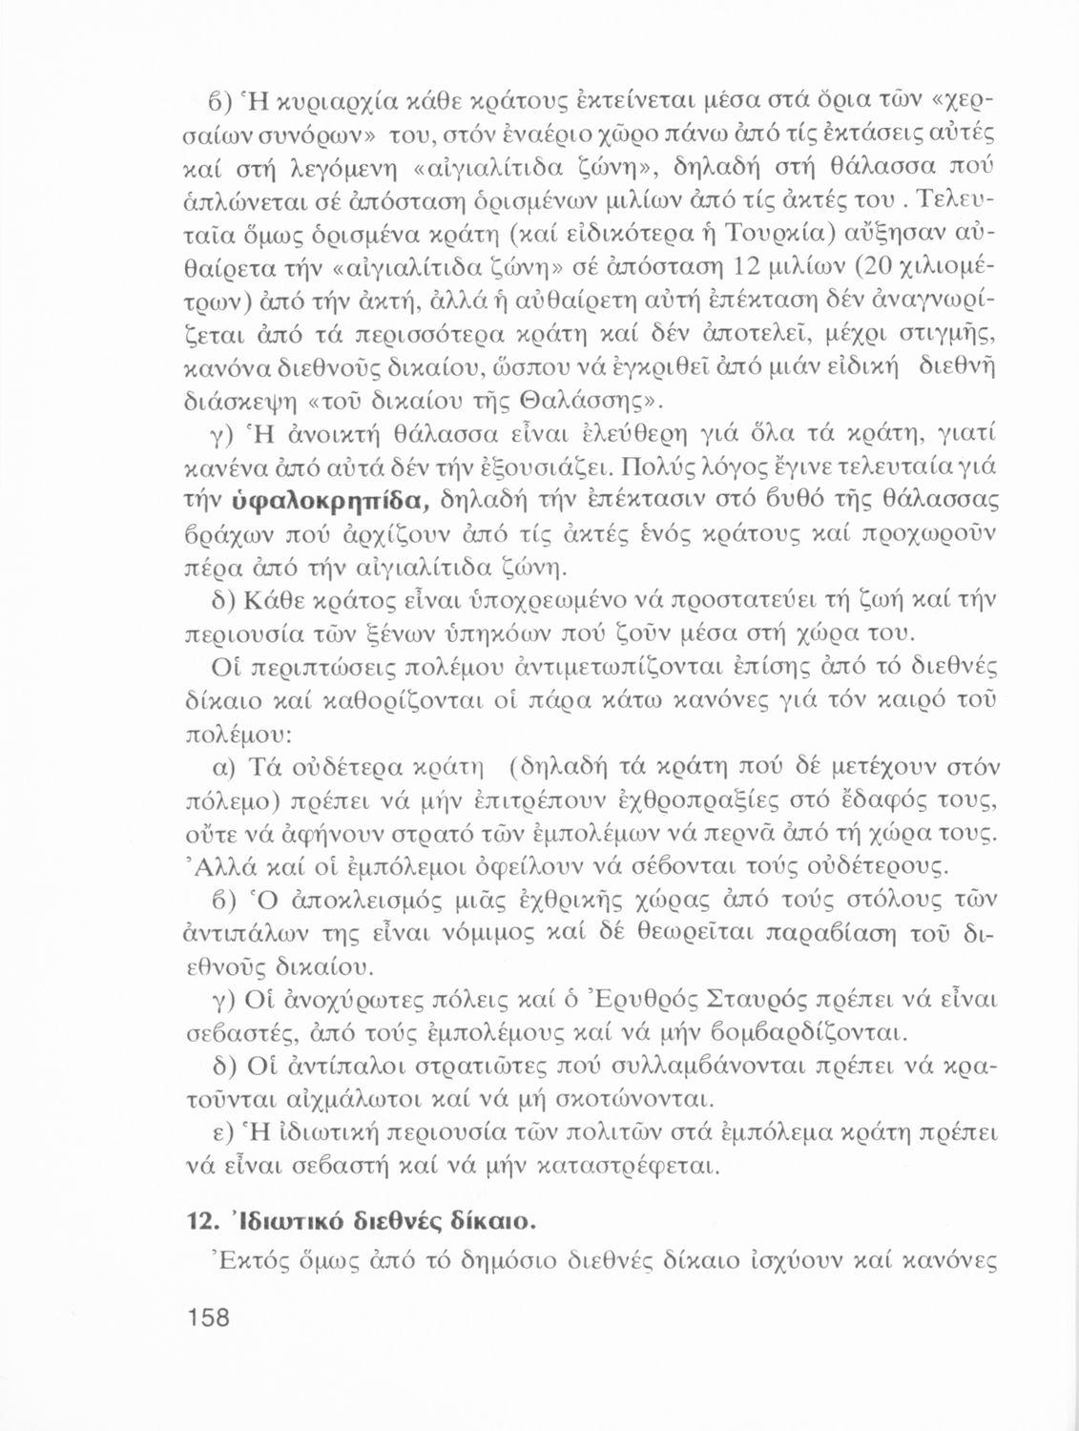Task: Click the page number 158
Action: tap(209, 1317)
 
